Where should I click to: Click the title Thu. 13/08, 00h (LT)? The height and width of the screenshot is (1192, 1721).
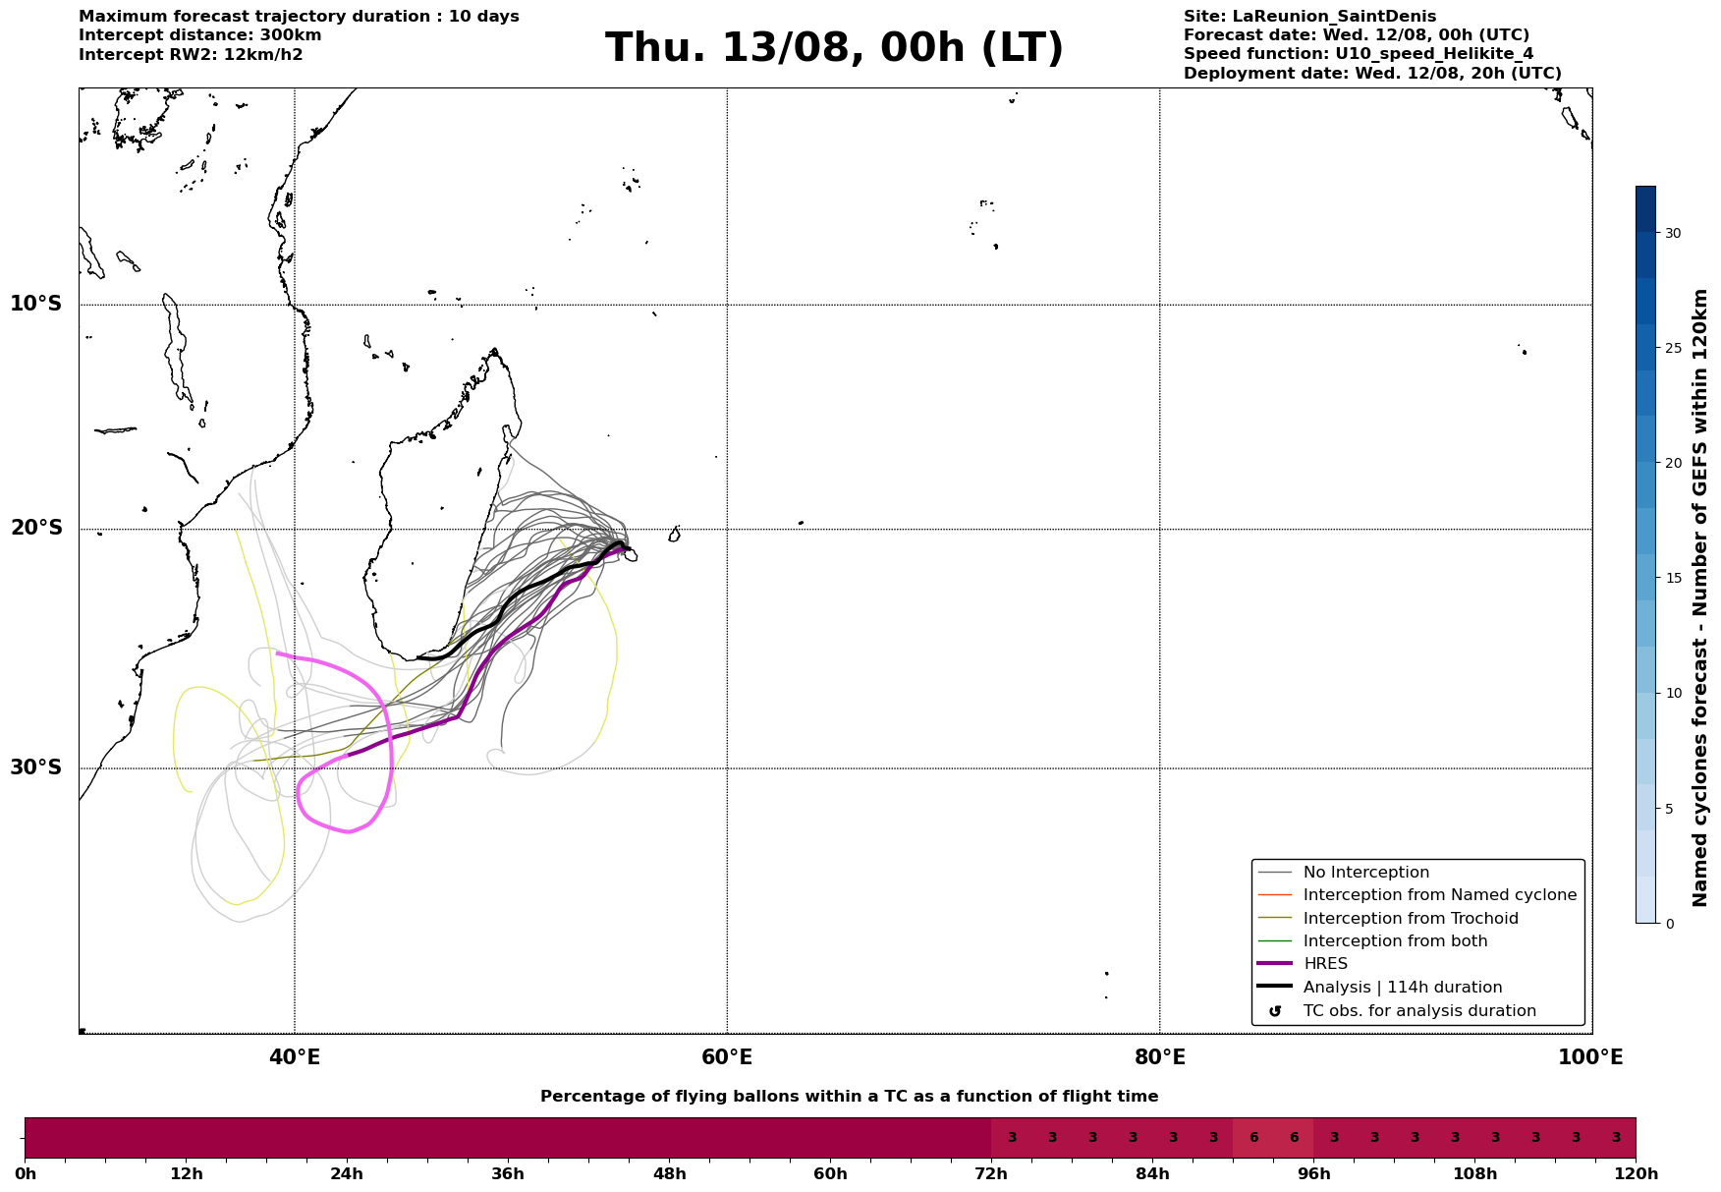tap(834, 48)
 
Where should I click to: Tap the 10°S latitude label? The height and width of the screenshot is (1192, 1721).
tap(36, 304)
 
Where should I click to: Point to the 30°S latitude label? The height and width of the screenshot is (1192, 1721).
tap(36, 767)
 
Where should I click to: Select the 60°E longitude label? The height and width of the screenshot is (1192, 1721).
tap(727, 1057)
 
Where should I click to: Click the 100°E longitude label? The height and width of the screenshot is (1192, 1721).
tap(1590, 1057)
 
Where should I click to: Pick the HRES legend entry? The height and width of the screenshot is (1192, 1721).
tap(1325, 964)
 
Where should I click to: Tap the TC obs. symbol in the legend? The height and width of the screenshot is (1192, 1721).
tap(1275, 1011)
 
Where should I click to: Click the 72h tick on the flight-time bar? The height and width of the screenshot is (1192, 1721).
tap(991, 1174)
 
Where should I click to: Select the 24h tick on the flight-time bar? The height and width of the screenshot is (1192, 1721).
tap(347, 1174)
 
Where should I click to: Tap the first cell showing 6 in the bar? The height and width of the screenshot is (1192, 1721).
tap(1253, 1138)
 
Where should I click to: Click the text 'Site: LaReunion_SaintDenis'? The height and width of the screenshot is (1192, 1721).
tap(1309, 17)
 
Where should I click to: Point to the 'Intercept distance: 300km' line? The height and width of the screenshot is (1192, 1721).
tap(200, 35)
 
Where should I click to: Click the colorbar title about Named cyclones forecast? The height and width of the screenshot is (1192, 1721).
tap(1700, 597)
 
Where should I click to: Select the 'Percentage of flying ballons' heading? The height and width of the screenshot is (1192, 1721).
tap(849, 1097)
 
